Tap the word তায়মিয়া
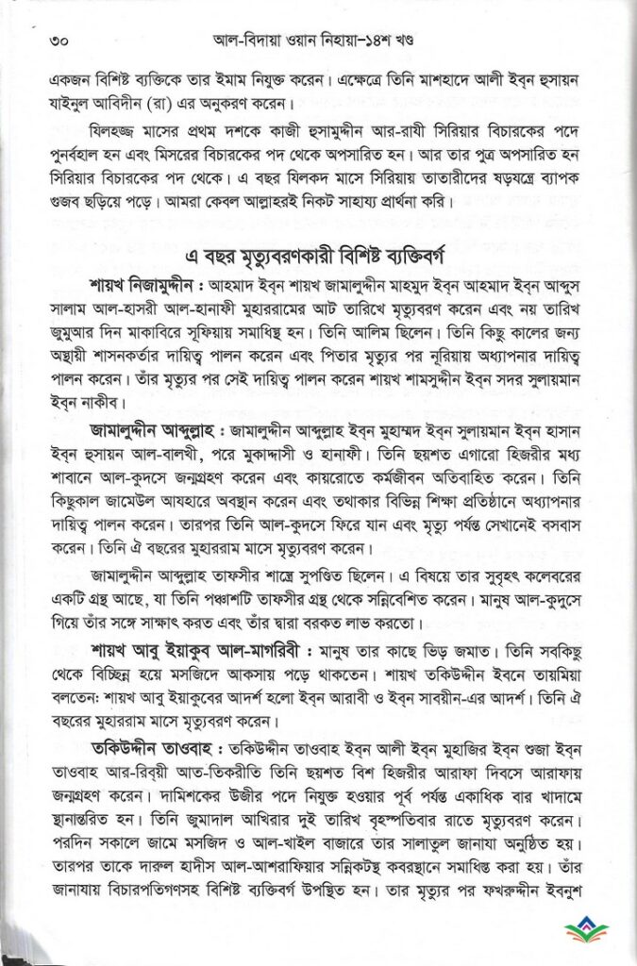[561, 675]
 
